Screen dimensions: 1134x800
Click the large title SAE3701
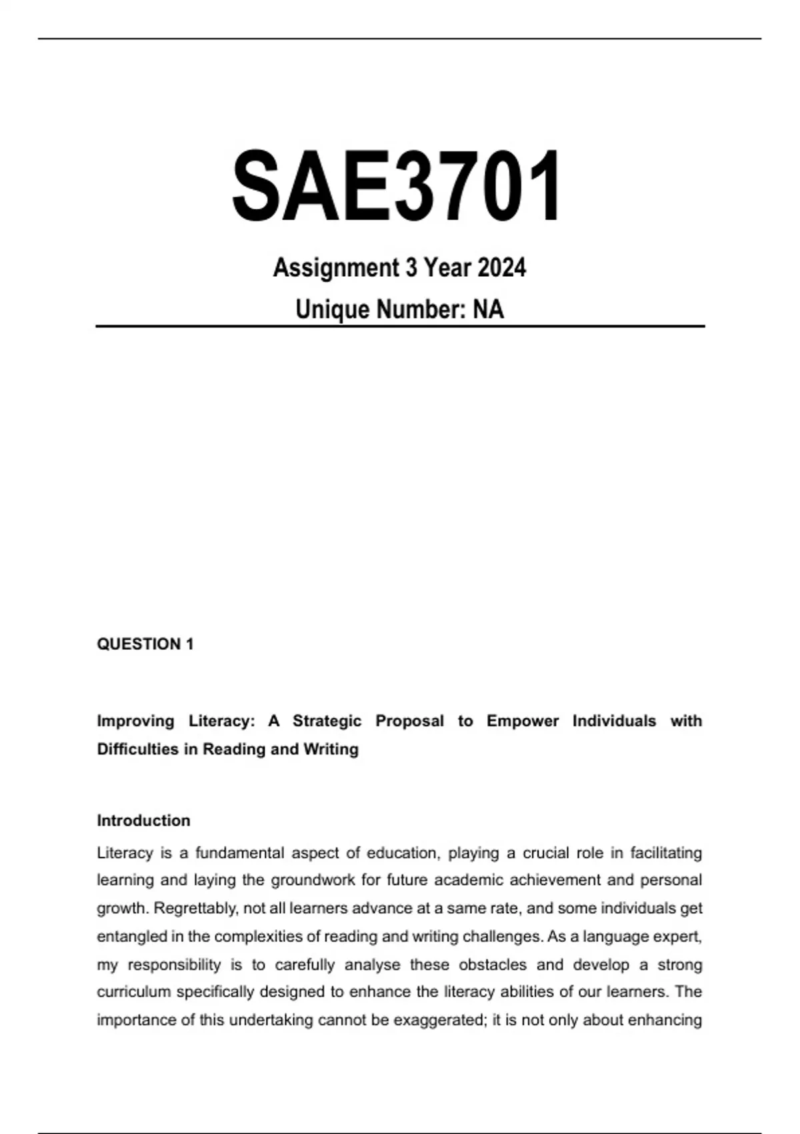[x=398, y=186]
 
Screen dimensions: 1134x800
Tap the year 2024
[x=502, y=268]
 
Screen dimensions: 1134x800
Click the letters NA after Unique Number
[x=488, y=310]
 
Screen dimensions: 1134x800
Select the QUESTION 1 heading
[x=145, y=644]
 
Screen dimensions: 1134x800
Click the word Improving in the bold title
[x=135, y=721]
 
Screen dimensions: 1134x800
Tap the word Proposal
[x=409, y=721]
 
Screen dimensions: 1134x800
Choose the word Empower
[x=523, y=721]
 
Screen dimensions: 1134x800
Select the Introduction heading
[x=143, y=820]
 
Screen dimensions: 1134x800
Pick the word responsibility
[x=174, y=965]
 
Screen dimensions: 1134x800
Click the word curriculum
[x=134, y=992]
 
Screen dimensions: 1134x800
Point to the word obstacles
[x=494, y=965]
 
